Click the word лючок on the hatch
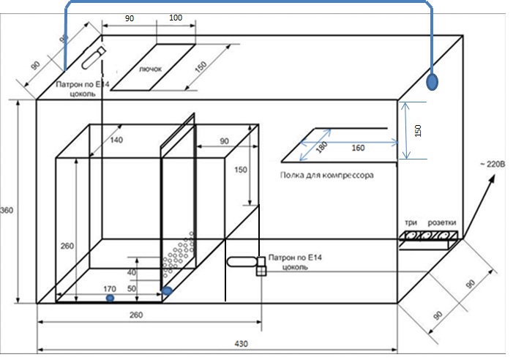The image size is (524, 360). (x=150, y=70)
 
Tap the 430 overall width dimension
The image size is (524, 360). (x=242, y=344)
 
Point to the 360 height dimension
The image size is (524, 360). (x=7, y=210)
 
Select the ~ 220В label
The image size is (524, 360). (x=493, y=164)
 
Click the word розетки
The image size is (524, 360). (x=442, y=222)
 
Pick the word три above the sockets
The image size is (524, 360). (x=411, y=222)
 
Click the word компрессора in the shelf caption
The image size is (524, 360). (x=348, y=175)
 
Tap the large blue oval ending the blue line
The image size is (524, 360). (x=432, y=82)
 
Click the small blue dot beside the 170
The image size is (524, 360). (x=110, y=298)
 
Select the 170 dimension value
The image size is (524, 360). (x=110, y=289)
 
